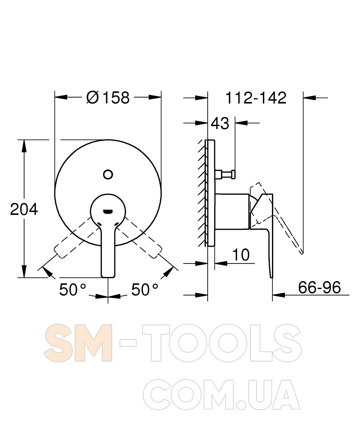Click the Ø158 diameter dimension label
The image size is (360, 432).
click(107, 97)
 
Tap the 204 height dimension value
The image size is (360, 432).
click(24, 210)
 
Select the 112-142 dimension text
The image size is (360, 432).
click(256, 98)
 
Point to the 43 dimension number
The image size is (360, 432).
click(220, 123)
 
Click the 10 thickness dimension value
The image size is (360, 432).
click(241, 255)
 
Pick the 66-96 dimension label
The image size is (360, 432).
click(319, 287)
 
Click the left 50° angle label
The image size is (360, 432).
click(73, 289)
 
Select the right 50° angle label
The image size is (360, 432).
click(145, 289)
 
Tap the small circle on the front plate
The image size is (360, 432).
click(108, 175)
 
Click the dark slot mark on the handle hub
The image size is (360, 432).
click(107, 212)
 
